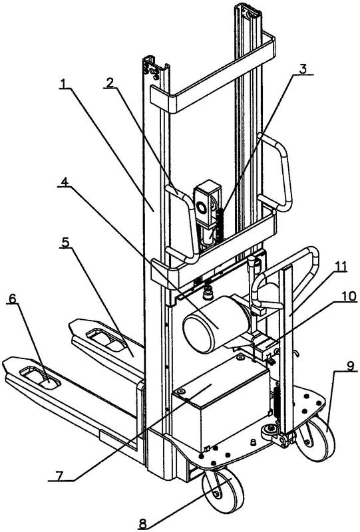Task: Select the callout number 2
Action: coord(109,82)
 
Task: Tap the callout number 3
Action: coord(303,68)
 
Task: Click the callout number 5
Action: coord(66,242)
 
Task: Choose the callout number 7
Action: coord(59,475)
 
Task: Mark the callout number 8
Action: coord(142,523)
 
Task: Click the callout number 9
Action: coord(350,366)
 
